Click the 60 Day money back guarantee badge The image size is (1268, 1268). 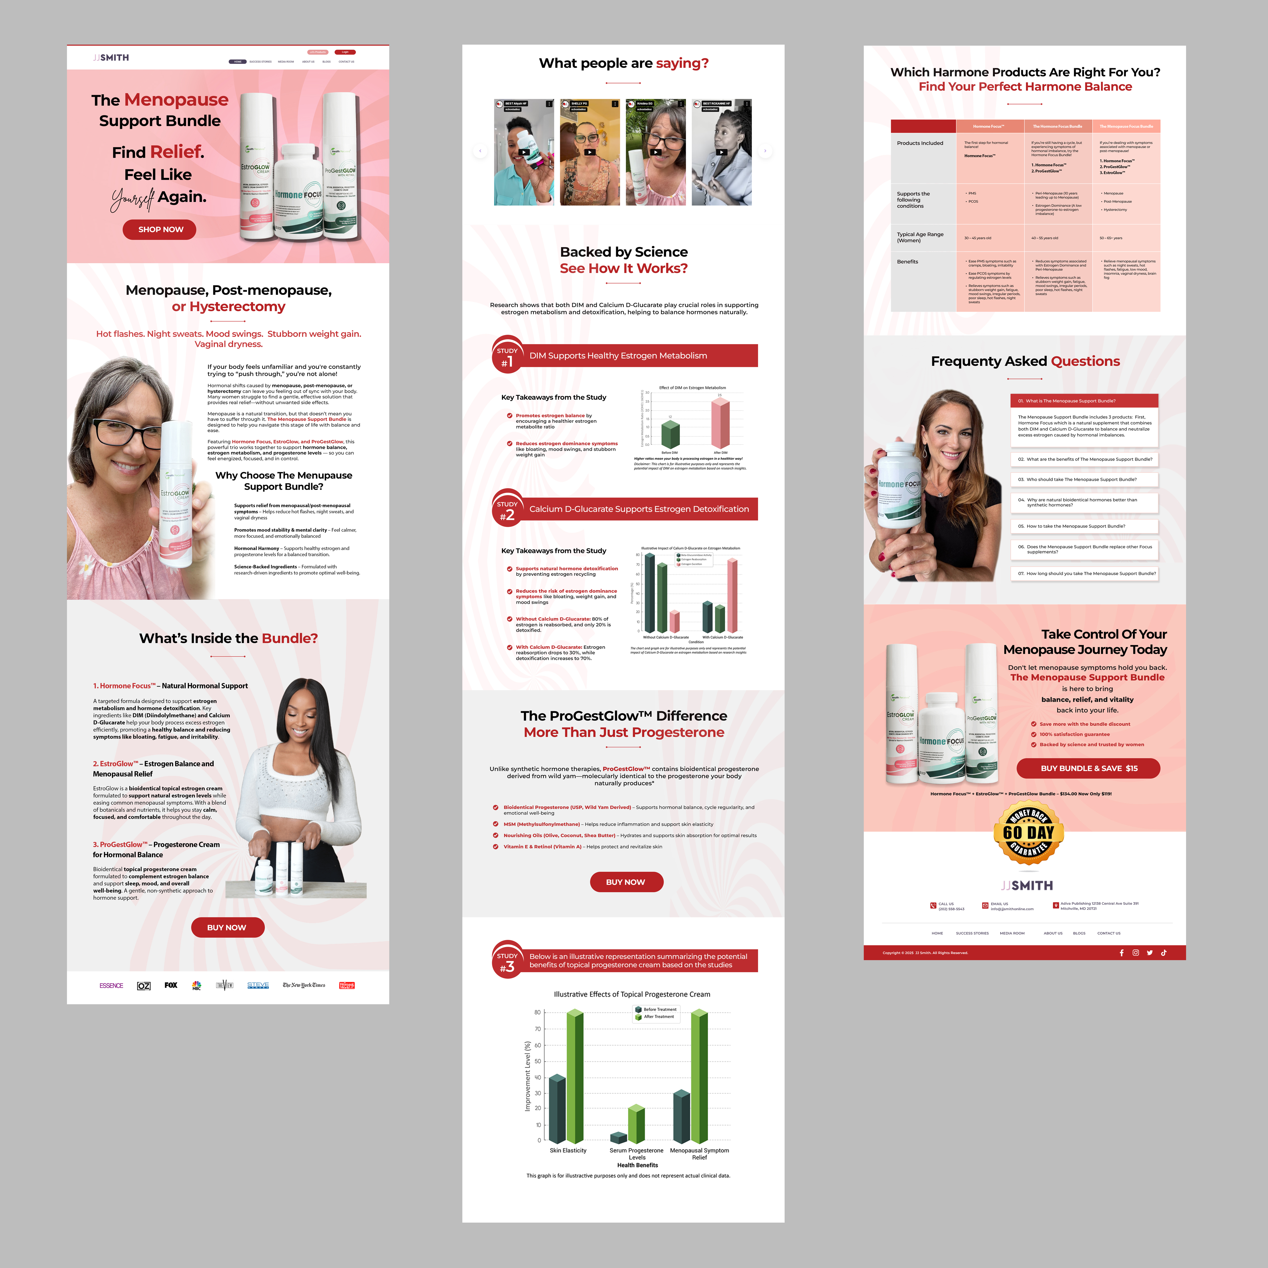tap(1028, 832)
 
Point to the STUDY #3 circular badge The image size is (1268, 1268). tap(507, 961)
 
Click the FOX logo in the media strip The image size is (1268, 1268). tap(171, 985)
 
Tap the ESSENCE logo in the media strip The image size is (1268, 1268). tap(111, 985)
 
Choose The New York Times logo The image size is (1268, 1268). tap(304, 985)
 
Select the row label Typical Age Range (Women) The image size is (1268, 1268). tap(920, 237)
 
